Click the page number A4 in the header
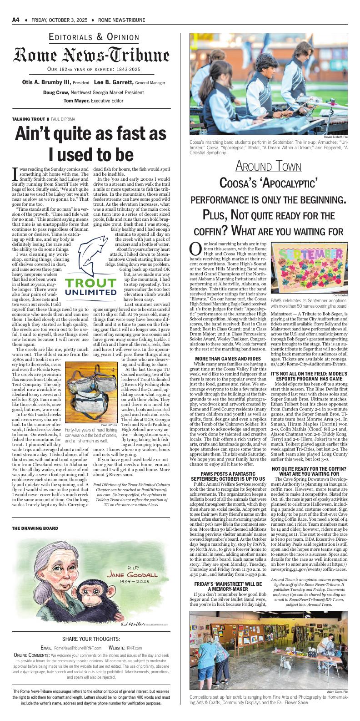pyautogui.click(x=15, y=20)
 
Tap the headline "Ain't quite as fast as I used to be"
pyautogui.click(x=91, y=144)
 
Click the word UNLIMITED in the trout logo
pyautogui.click(x=91, y=292)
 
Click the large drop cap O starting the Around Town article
pyautogui.click(x=195, y=249)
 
